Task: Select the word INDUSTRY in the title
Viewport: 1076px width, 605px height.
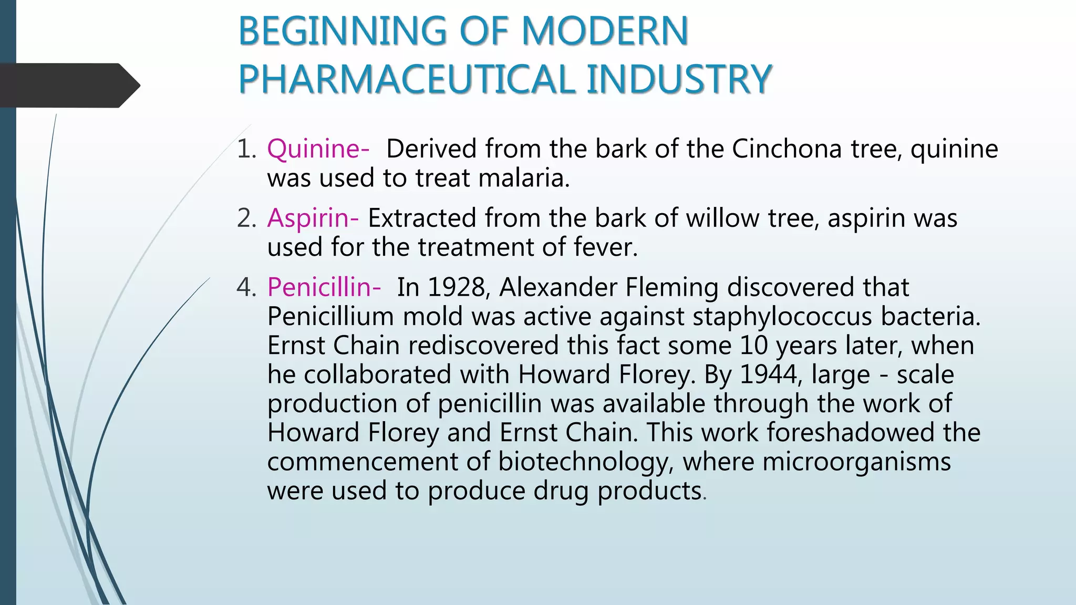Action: coord(678,79)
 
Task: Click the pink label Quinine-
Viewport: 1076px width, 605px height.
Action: coord(318,149)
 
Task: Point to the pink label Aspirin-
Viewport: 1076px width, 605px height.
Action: coord(313,218)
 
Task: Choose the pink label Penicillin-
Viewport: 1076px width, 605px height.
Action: coord(324,287)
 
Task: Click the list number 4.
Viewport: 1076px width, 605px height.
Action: coord(246,287)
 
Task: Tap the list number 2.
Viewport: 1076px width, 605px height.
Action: coord(246,218)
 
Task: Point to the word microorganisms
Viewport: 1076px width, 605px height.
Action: coord(856,462)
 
